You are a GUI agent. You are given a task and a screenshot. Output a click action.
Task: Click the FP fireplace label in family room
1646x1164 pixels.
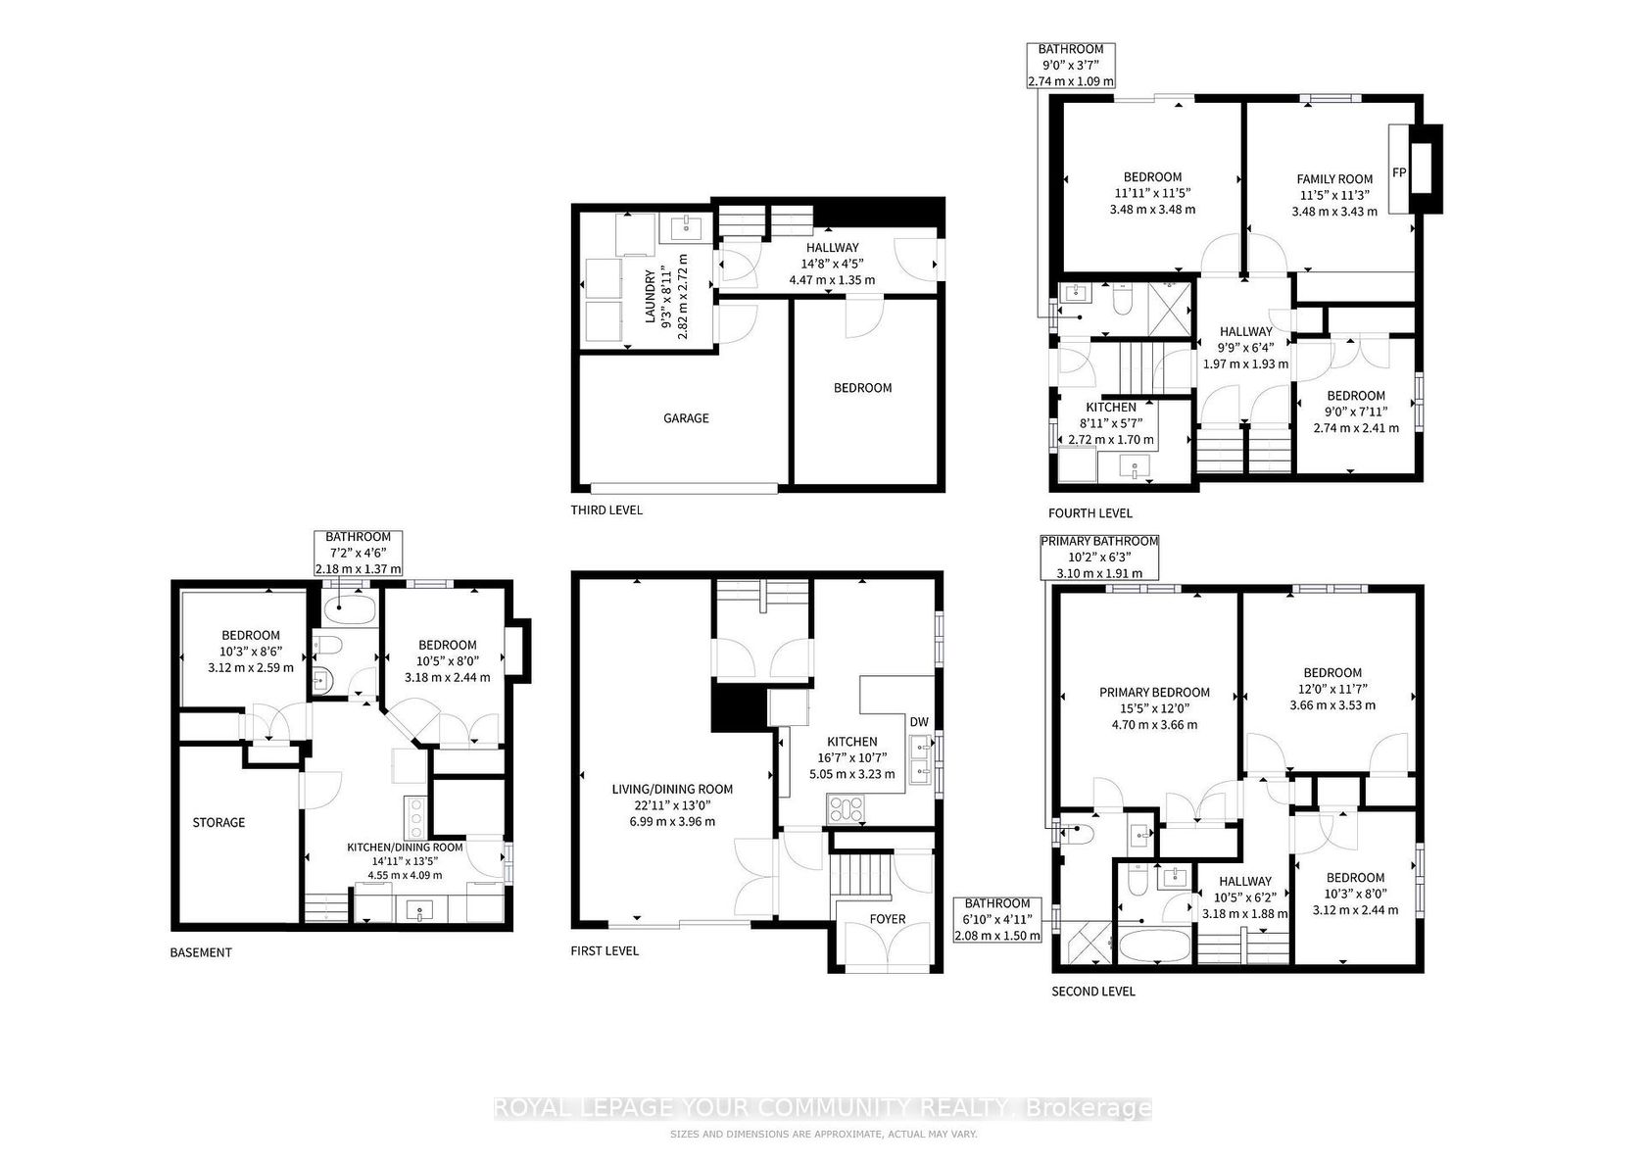1399,172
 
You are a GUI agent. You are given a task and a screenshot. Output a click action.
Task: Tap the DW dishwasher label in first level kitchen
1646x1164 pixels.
919,721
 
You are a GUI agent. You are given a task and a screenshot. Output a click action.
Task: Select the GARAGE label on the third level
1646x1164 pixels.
686,418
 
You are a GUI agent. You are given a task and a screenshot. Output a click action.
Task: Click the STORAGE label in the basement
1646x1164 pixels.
218,822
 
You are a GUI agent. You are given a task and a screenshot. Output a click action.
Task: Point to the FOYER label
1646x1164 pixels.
888,919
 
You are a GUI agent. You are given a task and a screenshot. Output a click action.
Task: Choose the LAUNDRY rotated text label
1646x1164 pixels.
651,296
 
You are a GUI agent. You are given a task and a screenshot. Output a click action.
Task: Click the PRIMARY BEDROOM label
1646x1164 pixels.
1154,692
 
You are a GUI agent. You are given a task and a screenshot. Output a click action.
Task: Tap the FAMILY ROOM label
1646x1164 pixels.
1334,178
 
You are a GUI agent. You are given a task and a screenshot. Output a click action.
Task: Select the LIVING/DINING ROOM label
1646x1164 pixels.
672,790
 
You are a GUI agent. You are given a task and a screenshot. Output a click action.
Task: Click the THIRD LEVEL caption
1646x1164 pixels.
606,509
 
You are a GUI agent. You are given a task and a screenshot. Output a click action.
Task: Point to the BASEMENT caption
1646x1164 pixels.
201,952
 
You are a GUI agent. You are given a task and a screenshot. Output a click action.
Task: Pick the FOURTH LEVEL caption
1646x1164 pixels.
1089,513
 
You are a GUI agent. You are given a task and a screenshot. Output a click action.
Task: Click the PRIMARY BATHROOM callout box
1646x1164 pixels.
1099,557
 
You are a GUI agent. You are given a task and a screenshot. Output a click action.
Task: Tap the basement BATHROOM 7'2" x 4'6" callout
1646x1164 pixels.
359,553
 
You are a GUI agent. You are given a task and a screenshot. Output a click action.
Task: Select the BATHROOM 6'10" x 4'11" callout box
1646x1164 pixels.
997,919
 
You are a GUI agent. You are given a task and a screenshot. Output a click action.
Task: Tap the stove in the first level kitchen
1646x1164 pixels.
847,808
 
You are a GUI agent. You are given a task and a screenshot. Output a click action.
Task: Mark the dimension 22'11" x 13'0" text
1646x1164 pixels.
672,805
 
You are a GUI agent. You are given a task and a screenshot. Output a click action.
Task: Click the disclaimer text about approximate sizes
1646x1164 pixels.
823,1134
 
